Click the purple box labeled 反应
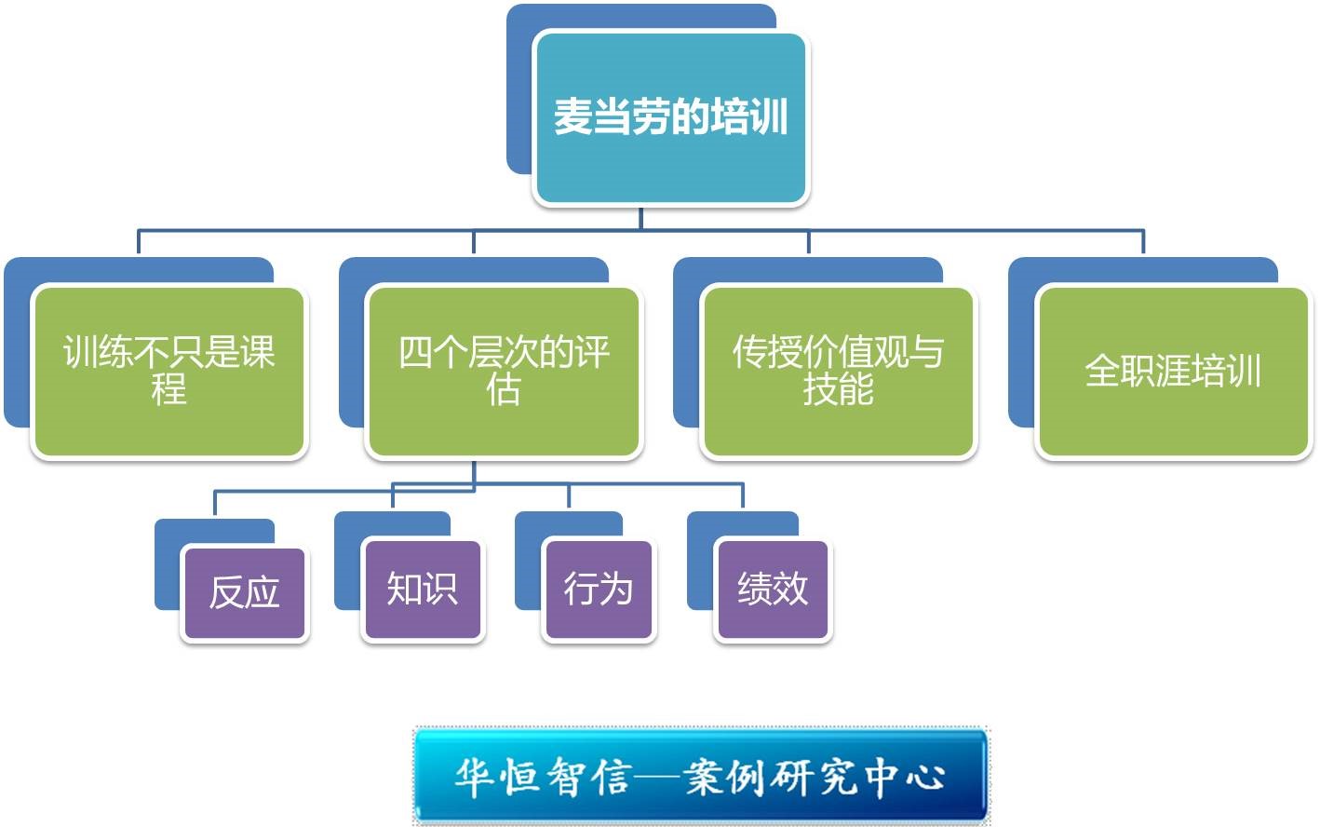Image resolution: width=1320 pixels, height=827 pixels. [x=244, y=593]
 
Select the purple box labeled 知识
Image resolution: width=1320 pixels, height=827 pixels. [x=423, y=590]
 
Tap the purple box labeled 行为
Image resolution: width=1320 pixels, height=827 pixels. [x=599, y=590]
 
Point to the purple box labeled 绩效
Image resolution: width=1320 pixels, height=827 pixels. [x=773, y=590]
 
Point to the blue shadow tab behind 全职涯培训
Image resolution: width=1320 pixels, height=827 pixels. [x=1022, y=345]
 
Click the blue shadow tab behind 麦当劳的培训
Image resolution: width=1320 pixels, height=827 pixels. [x=520, y=93]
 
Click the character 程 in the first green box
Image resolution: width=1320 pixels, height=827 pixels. [x=168, y=388]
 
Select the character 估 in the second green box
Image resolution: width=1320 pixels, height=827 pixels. [x=503, y=388]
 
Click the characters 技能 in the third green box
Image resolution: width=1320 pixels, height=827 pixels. [x=838, y=388]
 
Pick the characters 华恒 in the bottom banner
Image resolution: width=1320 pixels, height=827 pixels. [x=499, y=777]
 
